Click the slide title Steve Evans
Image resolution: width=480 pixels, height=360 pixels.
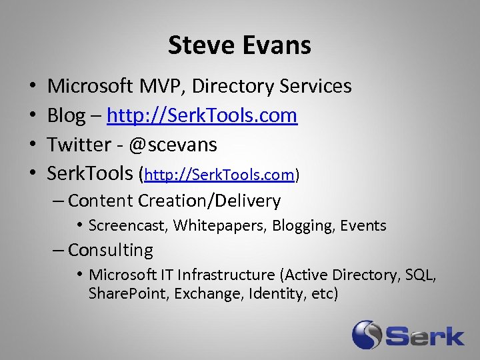point(239,45)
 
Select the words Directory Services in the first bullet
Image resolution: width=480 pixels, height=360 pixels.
point(279,86)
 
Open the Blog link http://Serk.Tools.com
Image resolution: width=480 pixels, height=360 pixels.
point(202,115)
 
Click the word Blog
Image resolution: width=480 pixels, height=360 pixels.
point(66,115)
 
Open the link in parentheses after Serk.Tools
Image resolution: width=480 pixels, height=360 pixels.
point(220,175)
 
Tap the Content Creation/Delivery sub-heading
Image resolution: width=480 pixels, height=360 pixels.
point(174,201)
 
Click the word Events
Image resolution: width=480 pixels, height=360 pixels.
point(363,226)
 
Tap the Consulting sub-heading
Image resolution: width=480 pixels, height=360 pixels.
point(111,251)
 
